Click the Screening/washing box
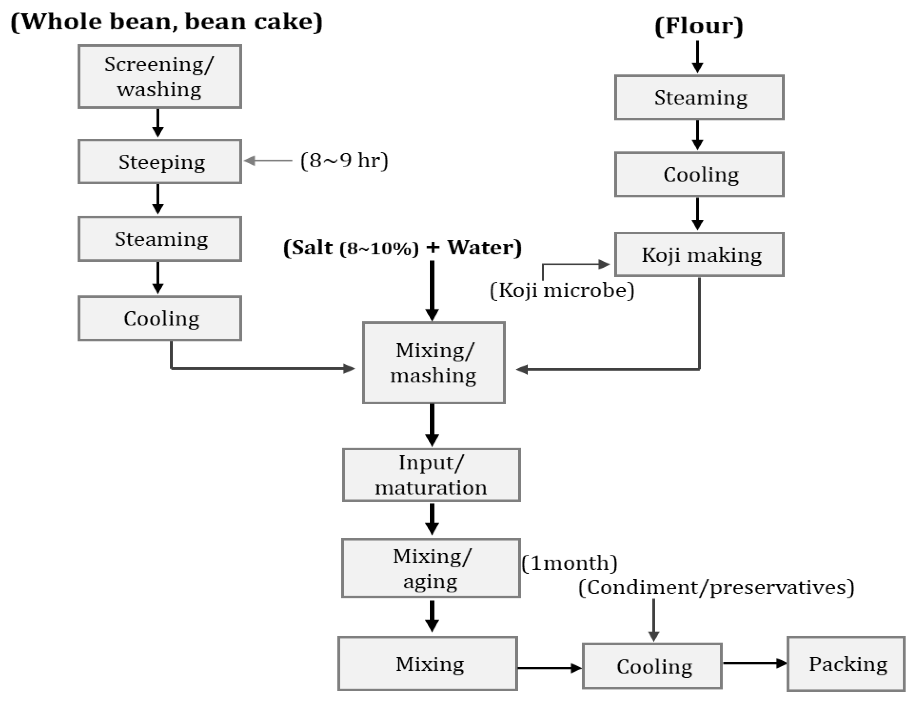(x=159, y=76)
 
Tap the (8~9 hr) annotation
(x=344, y=161)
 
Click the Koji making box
(x=699, y=254)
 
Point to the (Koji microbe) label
(x=562, y=290)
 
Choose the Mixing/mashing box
(x=433, y=362)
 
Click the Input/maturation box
(x=431, y=475)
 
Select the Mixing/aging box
(x=431, y=568)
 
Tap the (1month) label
(x=569, y=563)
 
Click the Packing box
(x=846, y=664)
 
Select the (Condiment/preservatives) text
(x=716, y=587)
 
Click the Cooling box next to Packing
(x=652, y=666)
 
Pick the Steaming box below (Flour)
(x=699, y=97)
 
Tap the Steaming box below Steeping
(x=159, y=239)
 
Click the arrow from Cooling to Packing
(x=754, y=663)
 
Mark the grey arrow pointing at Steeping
(x=267, y=161)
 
